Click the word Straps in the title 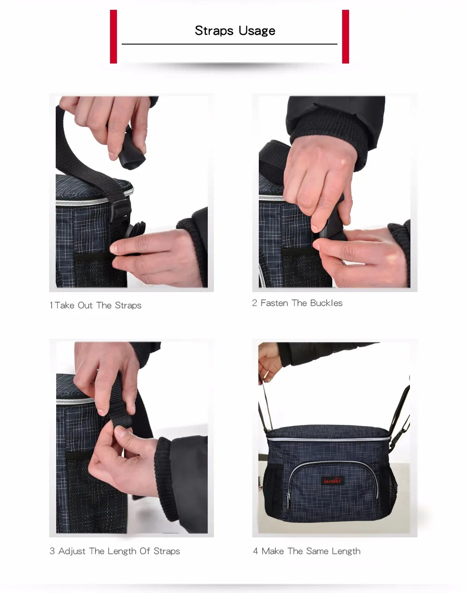click(x=214, y=30)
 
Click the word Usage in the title click(x=257, y=31)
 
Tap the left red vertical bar click(x=113, y=36)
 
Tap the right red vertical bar click(x=345, y=36)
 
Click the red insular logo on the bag click(x=332, y=481)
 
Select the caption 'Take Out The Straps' click(x=98, y=305)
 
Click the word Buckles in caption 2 click(x=326, y=303)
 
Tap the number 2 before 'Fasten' click(x=255, y=303)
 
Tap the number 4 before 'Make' click(x=256, y=551)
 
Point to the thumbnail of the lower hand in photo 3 click(x=120, y=431)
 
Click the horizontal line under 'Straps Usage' click(x=230, y=44)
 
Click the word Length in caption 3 click(x=122, y=551)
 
